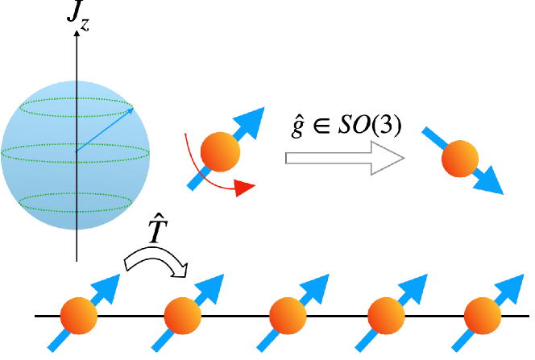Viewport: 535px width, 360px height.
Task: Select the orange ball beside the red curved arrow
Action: point(220,151)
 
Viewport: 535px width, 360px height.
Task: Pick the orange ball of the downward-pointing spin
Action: point(460,159)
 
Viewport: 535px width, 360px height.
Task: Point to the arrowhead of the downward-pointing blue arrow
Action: point(489,183)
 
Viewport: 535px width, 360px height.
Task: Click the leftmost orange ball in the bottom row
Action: point(79,316)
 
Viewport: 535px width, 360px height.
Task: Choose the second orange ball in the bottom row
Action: point(183,316)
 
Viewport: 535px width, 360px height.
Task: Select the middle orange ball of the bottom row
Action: point(288,316)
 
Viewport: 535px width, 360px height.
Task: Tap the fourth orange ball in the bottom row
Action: point(386,316)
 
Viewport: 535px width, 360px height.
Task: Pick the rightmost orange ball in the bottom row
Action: point(483,316)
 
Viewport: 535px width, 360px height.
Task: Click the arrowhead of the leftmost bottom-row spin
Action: point(108,287)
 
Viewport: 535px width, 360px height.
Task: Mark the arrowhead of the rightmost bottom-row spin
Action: point(512,287)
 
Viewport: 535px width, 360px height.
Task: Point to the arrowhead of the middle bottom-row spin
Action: point(317,287)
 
